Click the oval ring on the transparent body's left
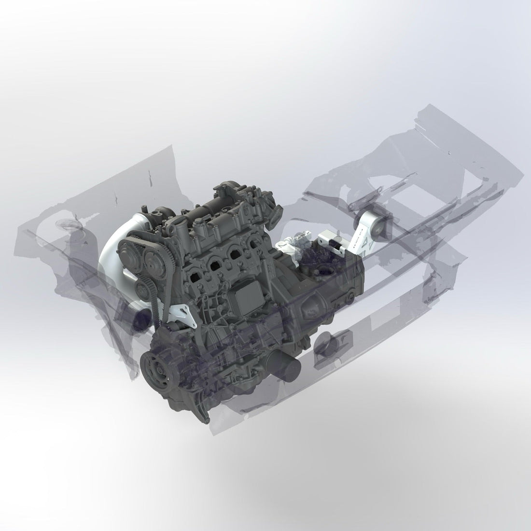(64, 224)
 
